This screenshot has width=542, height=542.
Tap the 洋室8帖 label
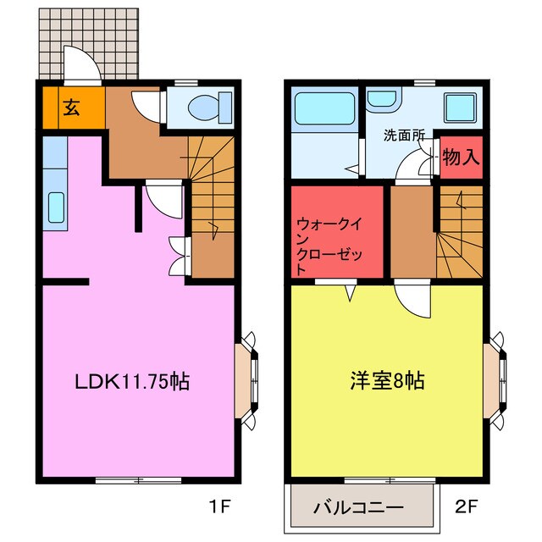tap(388, 381)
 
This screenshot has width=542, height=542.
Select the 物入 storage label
tap(462, 158)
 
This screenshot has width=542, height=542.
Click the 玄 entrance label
tap(71, 108)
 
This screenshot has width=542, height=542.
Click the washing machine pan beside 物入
tap(462, 108)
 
